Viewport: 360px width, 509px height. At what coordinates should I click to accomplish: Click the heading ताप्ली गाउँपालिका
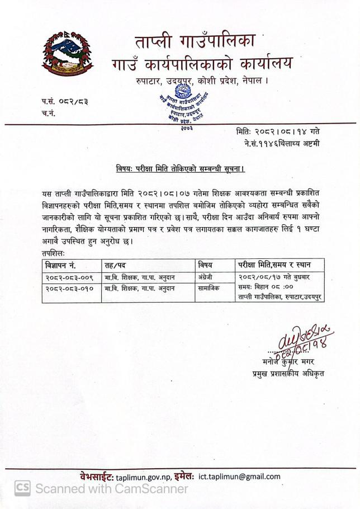click(x=195, y=41)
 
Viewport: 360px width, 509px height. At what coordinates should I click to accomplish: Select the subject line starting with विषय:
click(x=179, y=168)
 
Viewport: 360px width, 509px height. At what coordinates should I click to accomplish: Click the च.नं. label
click(x=49, y=113)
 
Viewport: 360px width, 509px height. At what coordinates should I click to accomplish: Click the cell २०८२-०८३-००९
click(x=69, y=277)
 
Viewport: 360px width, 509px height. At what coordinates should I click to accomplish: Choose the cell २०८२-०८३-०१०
click(x=69, y=289)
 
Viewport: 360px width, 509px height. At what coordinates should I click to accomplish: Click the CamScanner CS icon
click(x=22, y=488)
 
